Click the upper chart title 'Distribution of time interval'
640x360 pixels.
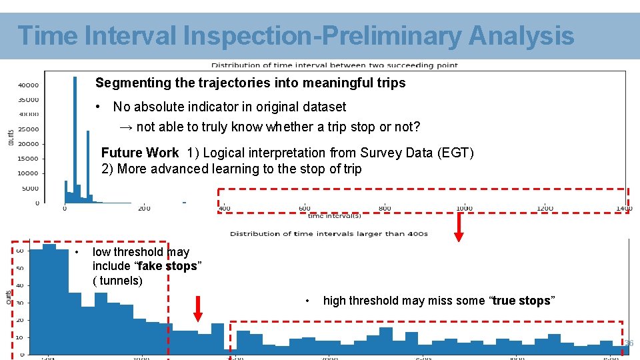click(334, 65)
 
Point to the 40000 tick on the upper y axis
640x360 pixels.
click(28, 85)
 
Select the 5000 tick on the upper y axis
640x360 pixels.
click(30, 189)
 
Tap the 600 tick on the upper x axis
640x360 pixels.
click(304, 209)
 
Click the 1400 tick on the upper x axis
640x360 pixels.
click(624, 209)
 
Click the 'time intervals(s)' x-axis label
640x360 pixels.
click(333, 216)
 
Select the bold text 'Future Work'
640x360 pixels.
click(139, 153)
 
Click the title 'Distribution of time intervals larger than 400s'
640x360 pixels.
click(329, 234)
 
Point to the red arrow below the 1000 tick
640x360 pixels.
click(459, 227)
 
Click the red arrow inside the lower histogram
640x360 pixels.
click(198, 308)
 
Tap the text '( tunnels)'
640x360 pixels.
click(117, 281)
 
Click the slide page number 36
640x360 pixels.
click(628, 343)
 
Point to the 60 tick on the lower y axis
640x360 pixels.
click(19, 251)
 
